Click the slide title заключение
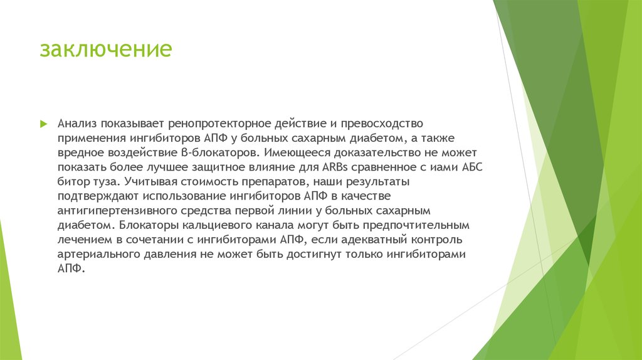105,50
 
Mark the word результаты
377,182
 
